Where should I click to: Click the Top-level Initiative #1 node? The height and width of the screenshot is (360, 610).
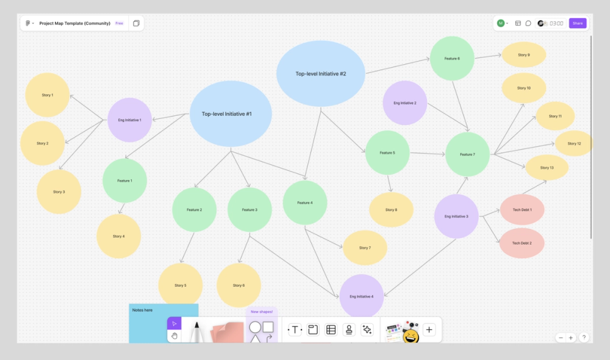[x=230, y=113]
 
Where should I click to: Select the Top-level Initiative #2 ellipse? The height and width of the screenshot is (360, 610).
[x=321, y=73]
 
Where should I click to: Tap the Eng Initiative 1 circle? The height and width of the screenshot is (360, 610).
[x=129, y=120]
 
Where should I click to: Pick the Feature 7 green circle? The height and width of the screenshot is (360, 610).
[x=467, y=154]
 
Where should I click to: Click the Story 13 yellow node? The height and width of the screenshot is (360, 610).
[x=547, y=167]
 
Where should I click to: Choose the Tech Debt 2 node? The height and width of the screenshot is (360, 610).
[x=522, y=243]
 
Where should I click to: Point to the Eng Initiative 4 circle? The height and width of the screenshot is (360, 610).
[x=361, y=296]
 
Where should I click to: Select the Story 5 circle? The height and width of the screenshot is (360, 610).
[x=180, y=285]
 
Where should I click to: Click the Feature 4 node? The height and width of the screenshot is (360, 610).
[x=304, y=203]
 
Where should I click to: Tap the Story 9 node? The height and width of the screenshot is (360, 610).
[x=523, y=55]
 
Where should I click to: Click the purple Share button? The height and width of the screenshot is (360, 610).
[x=577, y=23]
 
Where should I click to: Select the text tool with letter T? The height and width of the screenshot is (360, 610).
[x=295, y=329]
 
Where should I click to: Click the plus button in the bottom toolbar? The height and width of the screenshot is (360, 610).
[x=429, y=329]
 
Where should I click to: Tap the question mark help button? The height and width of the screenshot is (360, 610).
[x=584, y=337]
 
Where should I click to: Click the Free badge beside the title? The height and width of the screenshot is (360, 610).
[x=120, y=23]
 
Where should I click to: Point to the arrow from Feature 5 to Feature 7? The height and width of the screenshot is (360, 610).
[x=427, y=154]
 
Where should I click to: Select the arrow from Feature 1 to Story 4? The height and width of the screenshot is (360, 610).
[x=121, y=208]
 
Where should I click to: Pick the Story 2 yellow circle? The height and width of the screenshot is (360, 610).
[x=42, y=143]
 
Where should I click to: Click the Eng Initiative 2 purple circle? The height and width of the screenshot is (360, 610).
[x=405, y=103]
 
